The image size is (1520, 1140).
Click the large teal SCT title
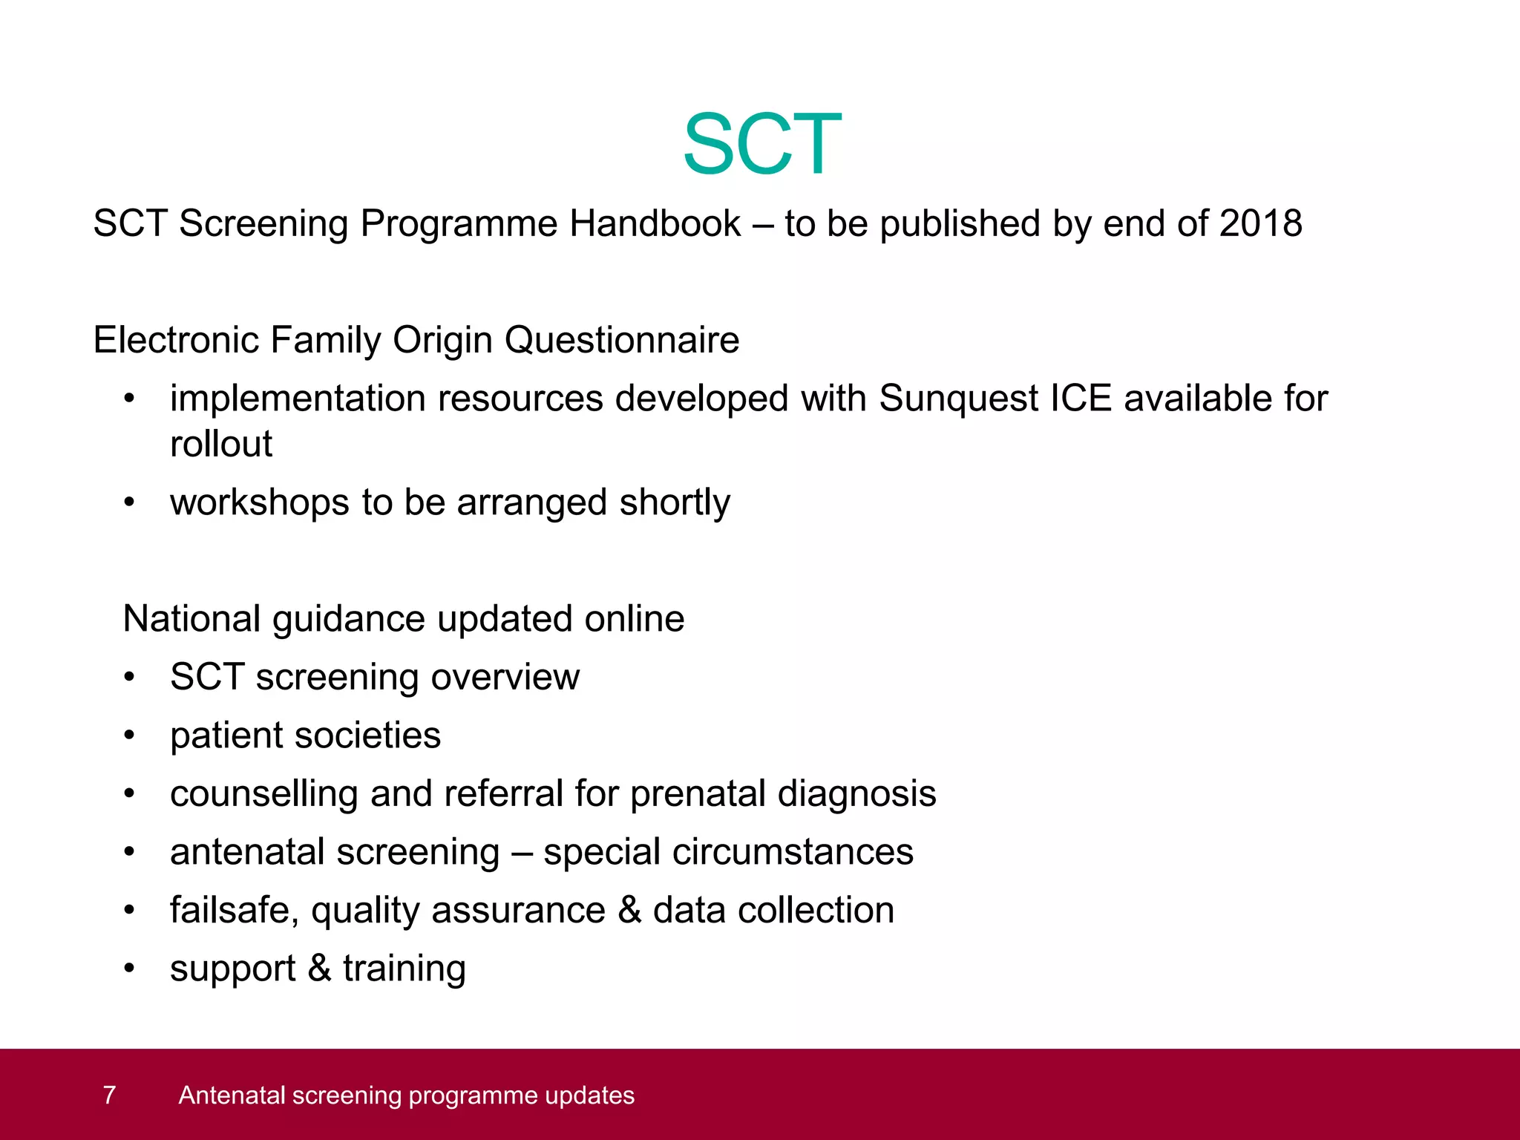(761, 144)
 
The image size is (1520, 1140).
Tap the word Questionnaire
(622, 340)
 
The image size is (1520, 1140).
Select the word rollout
(220, 444)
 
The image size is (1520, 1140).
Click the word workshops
(259, 502)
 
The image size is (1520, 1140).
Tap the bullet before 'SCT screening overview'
(130, 677)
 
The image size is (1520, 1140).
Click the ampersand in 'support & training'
(319, 968)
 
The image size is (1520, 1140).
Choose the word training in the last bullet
(404, 969)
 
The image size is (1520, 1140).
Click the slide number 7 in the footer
(109, 1095)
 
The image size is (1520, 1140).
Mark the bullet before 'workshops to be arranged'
(130, 502)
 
